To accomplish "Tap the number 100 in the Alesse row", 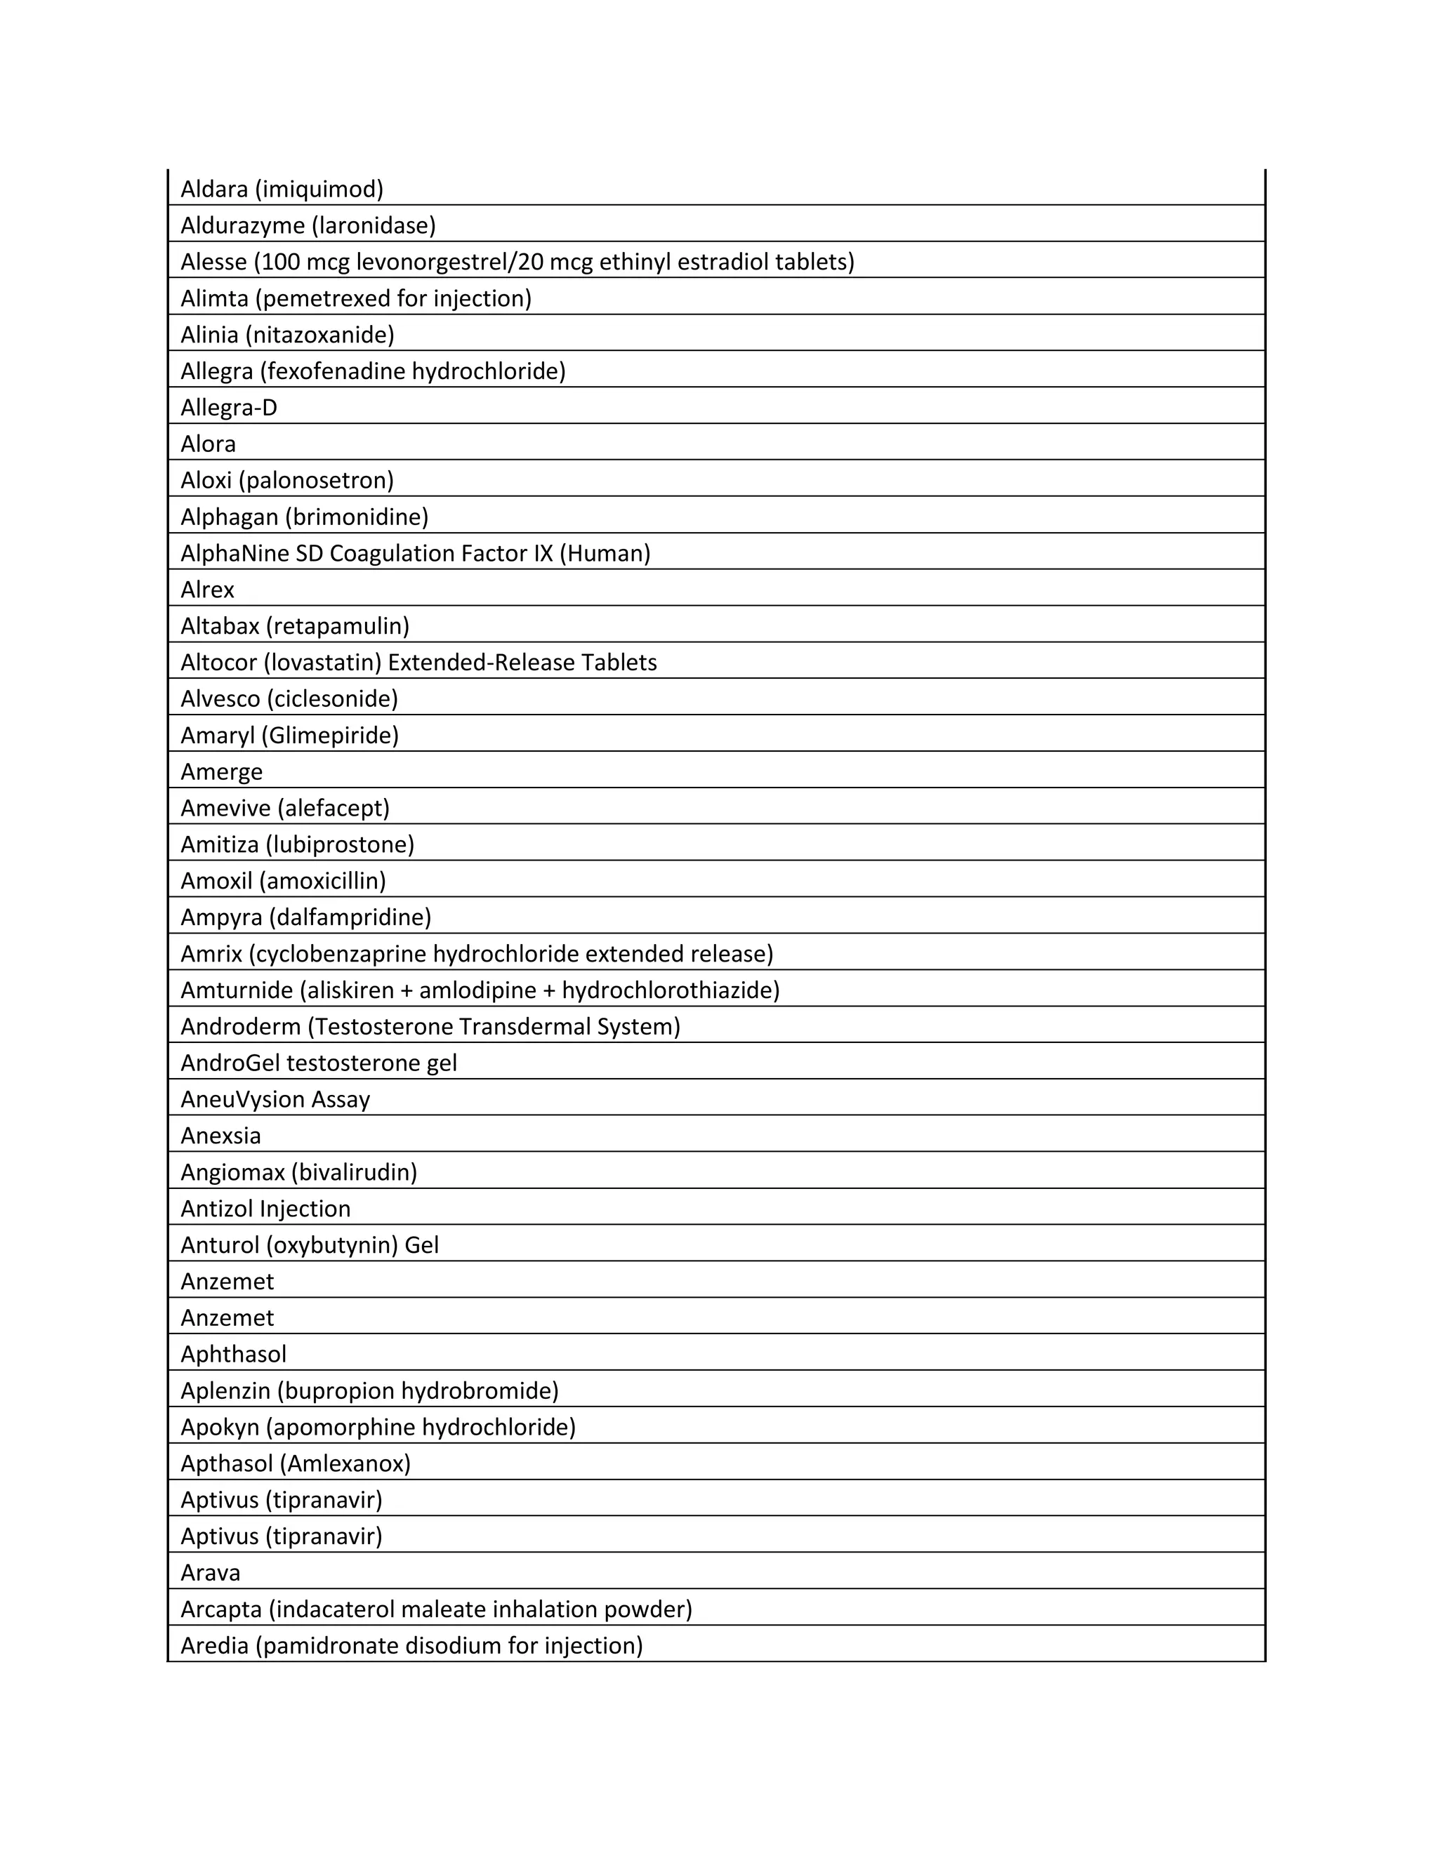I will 280,262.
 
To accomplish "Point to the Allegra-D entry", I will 228,408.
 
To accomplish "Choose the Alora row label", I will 208,444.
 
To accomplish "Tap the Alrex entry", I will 207,590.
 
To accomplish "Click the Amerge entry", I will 221,771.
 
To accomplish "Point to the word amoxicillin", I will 327,881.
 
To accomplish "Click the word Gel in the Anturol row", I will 422,1245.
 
